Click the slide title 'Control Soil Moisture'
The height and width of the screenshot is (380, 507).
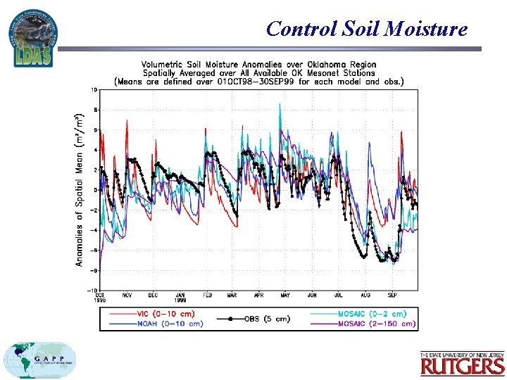click(x=367, y=29)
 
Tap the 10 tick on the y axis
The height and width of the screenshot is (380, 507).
click(x=94, y=90)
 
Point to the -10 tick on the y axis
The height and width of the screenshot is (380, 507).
click(x=92, y=290)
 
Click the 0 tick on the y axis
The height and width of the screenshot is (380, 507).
click(x=95, y=190)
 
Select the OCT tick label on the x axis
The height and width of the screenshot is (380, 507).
click(x=100, y=296)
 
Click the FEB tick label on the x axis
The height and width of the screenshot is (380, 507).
click(x=208, y=296)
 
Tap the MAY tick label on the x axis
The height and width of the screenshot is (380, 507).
click(x=285, y=296)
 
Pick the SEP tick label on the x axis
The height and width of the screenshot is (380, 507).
click(x=392, y=296)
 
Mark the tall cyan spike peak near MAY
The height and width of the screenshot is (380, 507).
click(x=280, y=105)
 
